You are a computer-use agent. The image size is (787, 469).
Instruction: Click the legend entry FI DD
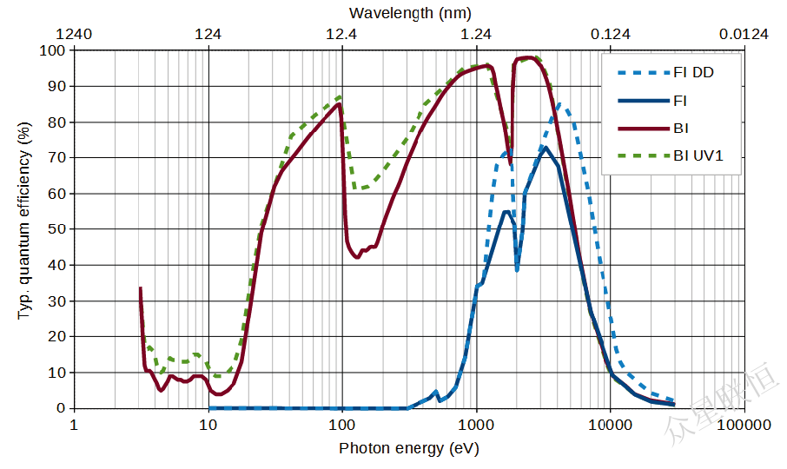coord(692,73)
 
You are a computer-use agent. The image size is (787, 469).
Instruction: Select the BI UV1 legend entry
coord(698,156)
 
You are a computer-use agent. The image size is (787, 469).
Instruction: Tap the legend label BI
coord(681,129)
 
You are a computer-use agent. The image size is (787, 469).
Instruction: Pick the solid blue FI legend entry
coord(680,101)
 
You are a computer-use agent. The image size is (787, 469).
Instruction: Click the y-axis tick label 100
coord(53,50)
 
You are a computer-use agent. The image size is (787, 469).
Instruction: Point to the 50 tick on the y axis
coord(56,229)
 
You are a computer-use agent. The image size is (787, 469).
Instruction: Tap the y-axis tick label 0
coord(61,408)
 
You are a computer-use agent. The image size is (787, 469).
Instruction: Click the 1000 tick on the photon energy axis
coord(476,425)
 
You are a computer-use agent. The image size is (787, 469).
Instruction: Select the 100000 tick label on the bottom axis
coord(744,425)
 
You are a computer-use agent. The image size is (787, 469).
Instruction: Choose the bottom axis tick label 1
coord(74,425)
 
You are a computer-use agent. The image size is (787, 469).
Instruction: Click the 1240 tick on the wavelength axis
coord(74,35)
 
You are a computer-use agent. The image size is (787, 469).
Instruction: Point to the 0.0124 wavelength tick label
coord(744,35)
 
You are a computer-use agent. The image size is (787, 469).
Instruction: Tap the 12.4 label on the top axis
coord(341,35)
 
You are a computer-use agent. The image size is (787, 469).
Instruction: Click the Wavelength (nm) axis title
coord(410,13)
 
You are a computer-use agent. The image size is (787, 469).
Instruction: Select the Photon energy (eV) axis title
coord(408,448)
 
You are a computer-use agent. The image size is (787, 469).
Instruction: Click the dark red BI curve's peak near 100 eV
coord(339,104)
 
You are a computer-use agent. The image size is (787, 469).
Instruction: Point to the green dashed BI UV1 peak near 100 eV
coord(340,96)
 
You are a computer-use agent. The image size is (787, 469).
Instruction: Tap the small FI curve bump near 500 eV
coord(435,392)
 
